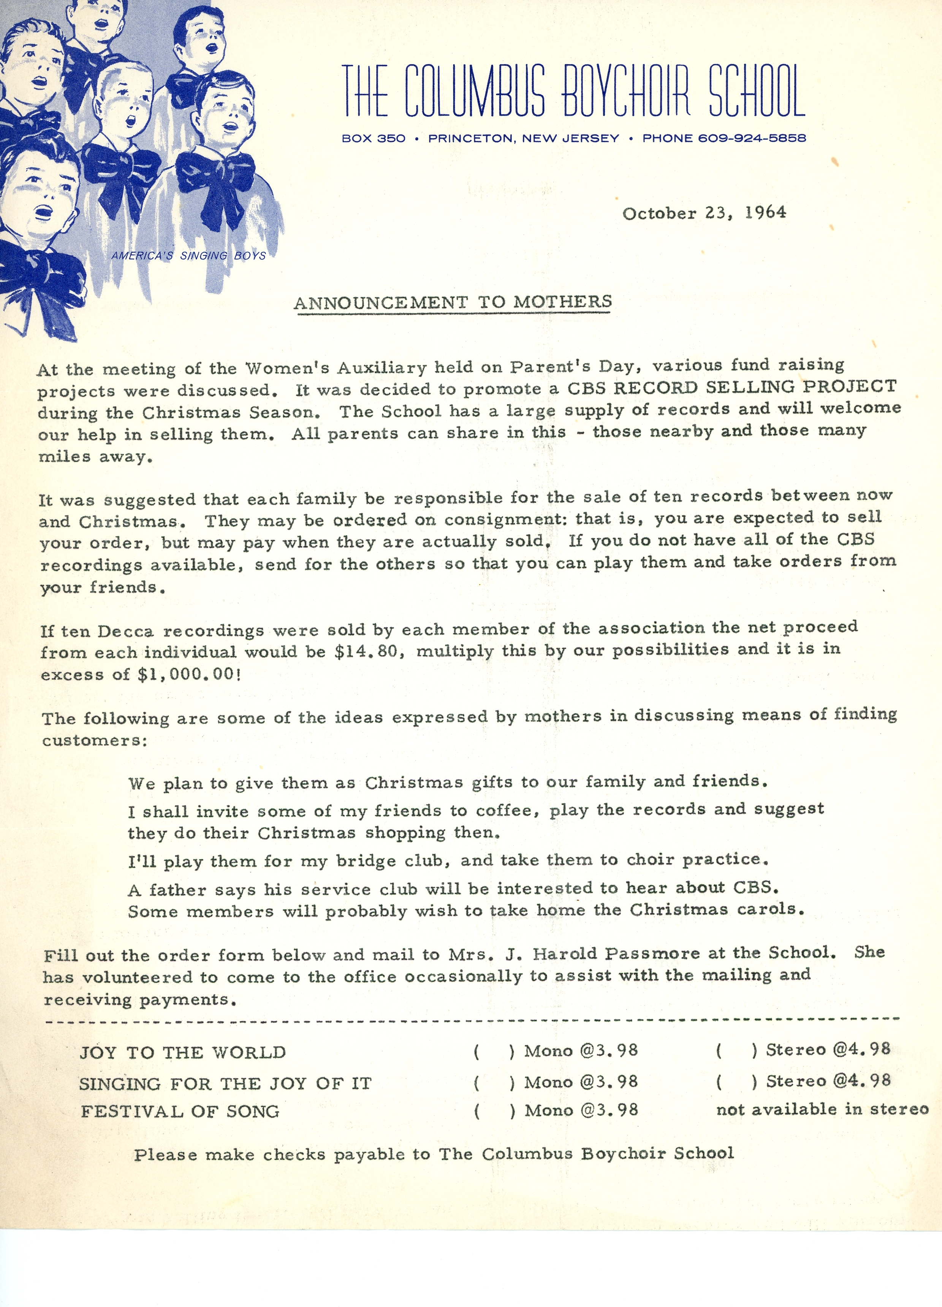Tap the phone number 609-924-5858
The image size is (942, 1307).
752,138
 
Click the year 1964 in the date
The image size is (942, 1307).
765,213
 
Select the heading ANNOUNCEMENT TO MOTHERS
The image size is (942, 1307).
452,302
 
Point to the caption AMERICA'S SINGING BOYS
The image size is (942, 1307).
188,256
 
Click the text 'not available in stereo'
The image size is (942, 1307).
822,1110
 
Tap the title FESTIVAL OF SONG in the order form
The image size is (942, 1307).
180,1112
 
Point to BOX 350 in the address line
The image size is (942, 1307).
374,138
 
